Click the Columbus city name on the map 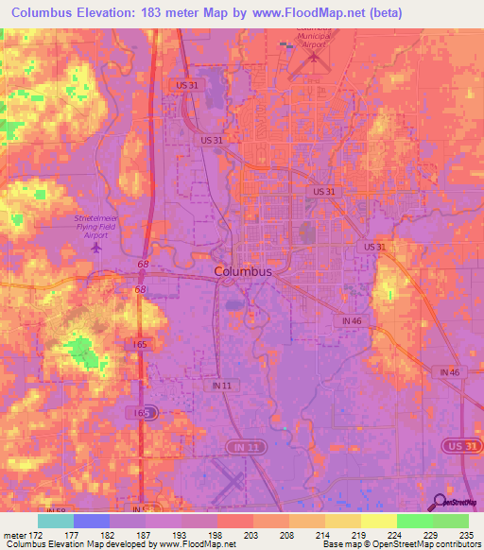[243, 271]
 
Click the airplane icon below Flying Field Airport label [97, 248]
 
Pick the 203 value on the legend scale [251, 536]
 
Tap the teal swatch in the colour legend [56, 521]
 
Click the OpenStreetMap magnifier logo [440, 501]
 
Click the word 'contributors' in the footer [455, 545]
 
